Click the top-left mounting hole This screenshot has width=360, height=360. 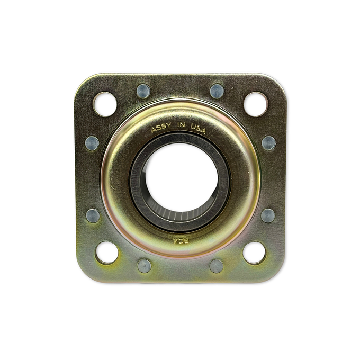coord(105,104)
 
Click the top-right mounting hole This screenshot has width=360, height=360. coord(256,104)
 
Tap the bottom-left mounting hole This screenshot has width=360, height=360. coord(107,253)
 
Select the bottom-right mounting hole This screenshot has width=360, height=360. coord(255,253)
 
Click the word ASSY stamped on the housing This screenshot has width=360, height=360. coord(161,128)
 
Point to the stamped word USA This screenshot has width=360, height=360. coord(198,129)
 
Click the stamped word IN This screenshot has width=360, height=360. coord(181,125)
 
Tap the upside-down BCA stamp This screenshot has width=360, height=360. coord(181,241)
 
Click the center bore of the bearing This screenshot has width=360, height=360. coord(181,177)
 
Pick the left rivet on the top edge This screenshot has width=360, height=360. coord(143,91)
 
